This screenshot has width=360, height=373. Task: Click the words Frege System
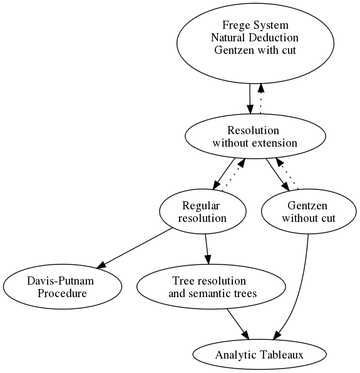tap(255, 25)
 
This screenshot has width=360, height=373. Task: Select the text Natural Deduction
tap(255, 38)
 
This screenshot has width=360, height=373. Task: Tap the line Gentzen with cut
tap(255, 50)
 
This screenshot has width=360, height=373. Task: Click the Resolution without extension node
tap(255, 137)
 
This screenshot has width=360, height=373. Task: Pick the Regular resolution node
tap(203, 212)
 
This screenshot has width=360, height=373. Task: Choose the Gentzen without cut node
tap(309, 212)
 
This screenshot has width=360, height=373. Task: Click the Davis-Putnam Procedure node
tap(63, 287)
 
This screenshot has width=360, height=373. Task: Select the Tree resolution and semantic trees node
tap(211, 287)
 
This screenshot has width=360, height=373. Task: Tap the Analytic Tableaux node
tap(259, 355)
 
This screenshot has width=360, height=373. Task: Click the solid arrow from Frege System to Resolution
tap(250, 99)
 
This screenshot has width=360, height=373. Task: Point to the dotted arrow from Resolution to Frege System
tap(260, 98)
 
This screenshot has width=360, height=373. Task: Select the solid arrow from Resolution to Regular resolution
tap(224, 174)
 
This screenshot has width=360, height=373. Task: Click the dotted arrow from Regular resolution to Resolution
tap(234, 175)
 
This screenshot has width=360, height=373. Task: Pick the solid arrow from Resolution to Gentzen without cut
tap(278, 175)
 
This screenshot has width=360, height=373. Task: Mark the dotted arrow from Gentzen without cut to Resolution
tap(287, 174)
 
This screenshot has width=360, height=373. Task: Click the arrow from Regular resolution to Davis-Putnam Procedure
tap(134, 248)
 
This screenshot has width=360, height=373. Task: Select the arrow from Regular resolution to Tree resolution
tap(207, 250)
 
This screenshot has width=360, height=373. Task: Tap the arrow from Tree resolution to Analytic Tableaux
tap(238, 325)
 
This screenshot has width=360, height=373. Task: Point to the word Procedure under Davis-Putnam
tap(62, 293)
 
